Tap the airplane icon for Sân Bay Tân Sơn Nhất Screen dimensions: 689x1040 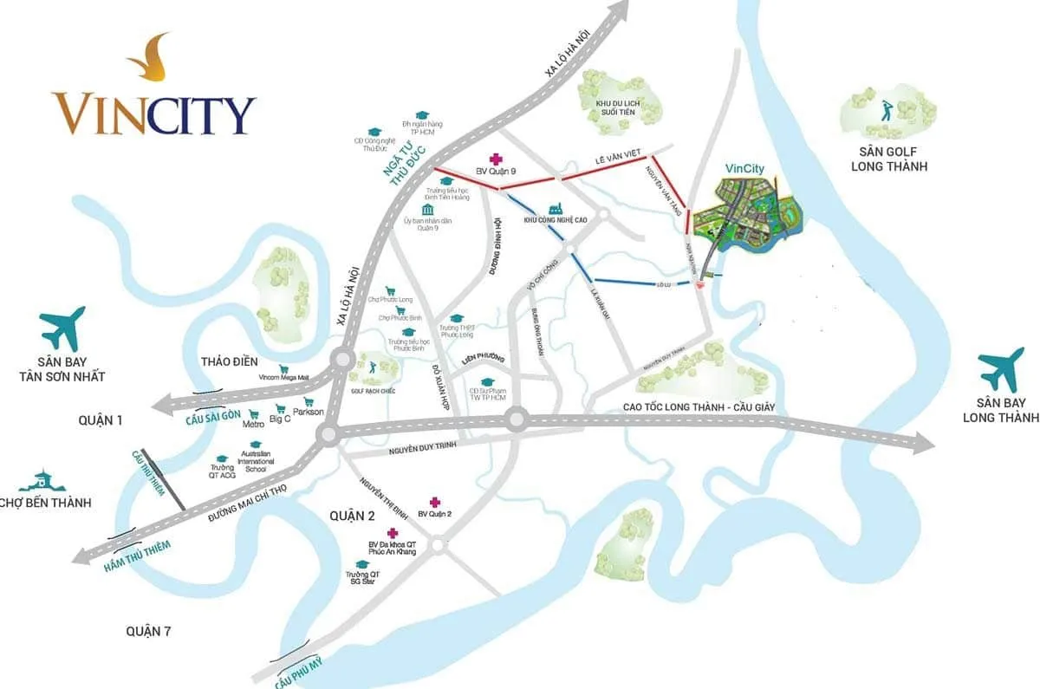click(62, 328)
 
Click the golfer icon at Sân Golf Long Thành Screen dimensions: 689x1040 click(886, 110)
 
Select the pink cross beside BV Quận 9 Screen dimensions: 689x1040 click(496, 159)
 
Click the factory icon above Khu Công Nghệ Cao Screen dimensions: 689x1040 click(556, 208)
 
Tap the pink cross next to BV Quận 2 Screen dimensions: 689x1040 click(434, 503)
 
